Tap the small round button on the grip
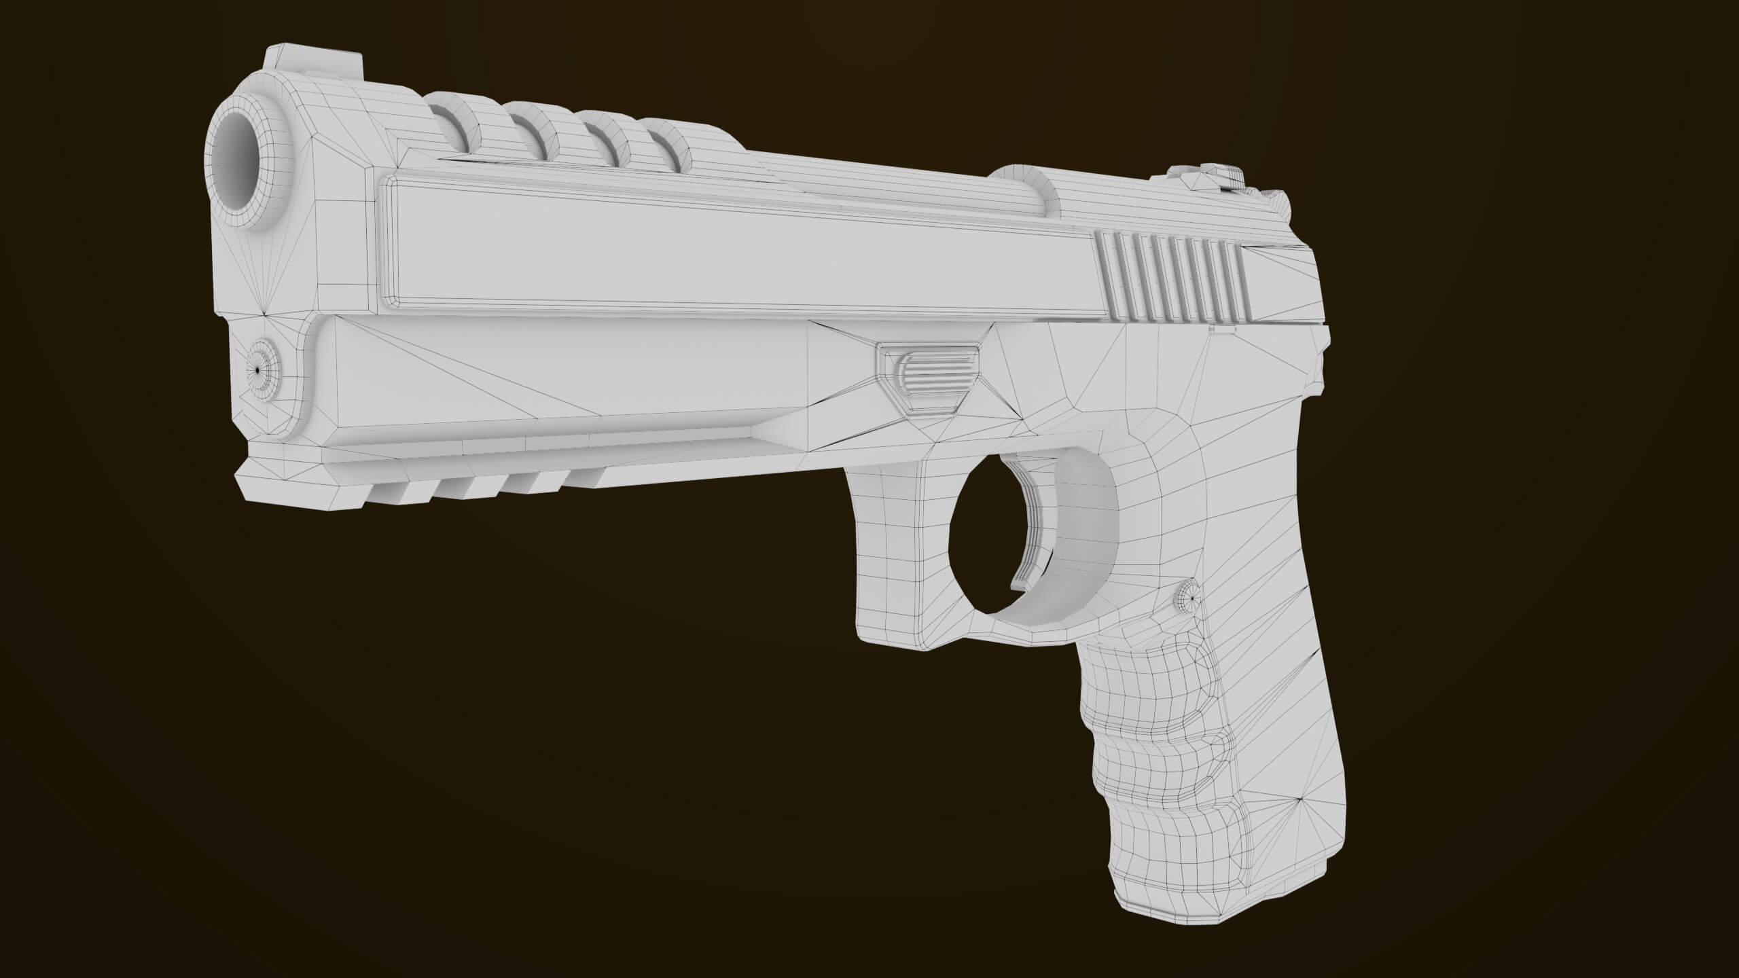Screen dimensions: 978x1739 pos(1187,598)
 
